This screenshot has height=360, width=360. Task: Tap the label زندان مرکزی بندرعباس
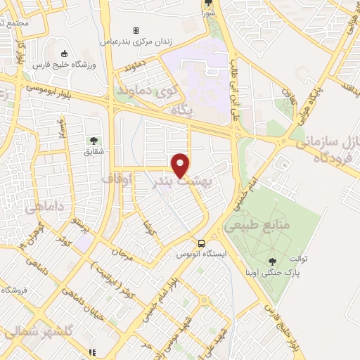click(x=139, y=41)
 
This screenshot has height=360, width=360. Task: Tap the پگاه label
click(x=181, y=110)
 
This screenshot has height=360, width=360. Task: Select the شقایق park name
click(x=94, y=151)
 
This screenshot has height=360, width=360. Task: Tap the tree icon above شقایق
click(x=94, y=141)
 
